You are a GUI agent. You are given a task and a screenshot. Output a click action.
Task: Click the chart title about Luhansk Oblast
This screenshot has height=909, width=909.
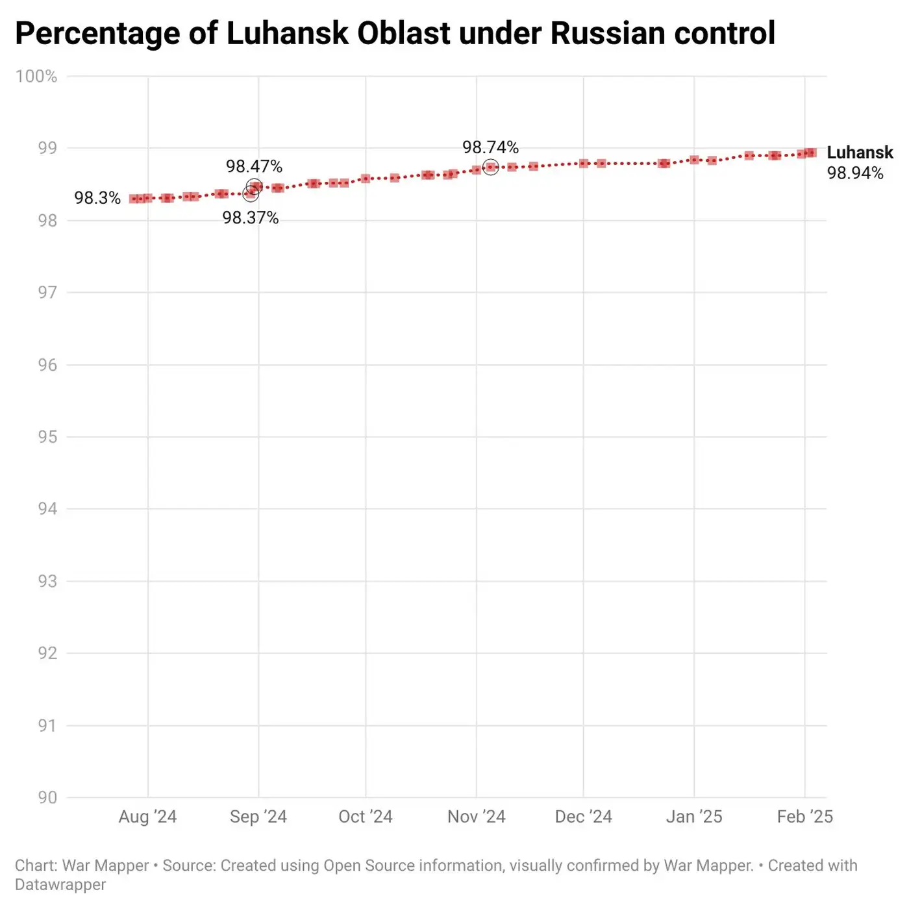tap(395, 33)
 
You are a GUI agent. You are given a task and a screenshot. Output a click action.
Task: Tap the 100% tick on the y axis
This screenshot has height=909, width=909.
tap(36, 77)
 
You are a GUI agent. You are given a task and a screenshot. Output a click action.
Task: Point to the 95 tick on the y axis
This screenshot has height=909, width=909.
tap(47, 437)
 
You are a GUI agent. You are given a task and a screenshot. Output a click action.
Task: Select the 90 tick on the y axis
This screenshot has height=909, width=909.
tap(47, 797)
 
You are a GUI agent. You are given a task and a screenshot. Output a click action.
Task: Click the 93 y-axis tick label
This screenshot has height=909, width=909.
tap(47, 581)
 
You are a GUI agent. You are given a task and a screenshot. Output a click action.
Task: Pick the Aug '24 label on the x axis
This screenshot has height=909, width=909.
tap(147, 817)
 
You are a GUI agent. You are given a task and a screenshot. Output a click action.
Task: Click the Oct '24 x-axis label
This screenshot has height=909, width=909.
tap(366, 817)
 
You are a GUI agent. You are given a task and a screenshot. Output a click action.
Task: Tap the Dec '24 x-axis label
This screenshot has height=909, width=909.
tap(583, 817)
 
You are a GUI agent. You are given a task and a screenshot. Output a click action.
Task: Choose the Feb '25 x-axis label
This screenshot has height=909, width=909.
tap(804, 817)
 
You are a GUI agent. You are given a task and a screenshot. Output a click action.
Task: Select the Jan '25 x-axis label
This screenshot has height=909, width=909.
tap(694, 817)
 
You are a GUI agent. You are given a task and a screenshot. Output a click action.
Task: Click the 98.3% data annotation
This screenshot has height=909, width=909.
tap(97, 198)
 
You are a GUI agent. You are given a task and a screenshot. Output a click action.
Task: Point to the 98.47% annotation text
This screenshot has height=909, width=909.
tap(254, 167)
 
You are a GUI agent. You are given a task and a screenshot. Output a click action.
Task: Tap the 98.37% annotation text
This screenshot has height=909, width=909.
tap(250, 218)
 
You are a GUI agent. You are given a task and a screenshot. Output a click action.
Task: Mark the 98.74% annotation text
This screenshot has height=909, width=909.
tap(490, 147)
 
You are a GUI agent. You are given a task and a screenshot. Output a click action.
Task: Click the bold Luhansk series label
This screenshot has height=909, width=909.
tap(860, 153)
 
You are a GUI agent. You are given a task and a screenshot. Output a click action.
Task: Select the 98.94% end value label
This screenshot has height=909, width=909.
tap(855, 173)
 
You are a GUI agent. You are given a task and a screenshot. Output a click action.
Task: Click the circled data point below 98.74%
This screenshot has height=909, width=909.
tap(491, 168)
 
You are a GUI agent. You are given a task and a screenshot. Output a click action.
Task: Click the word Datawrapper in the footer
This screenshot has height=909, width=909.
tap(60, 885)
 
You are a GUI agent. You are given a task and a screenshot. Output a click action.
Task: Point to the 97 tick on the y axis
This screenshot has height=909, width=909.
tap(47, 293)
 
